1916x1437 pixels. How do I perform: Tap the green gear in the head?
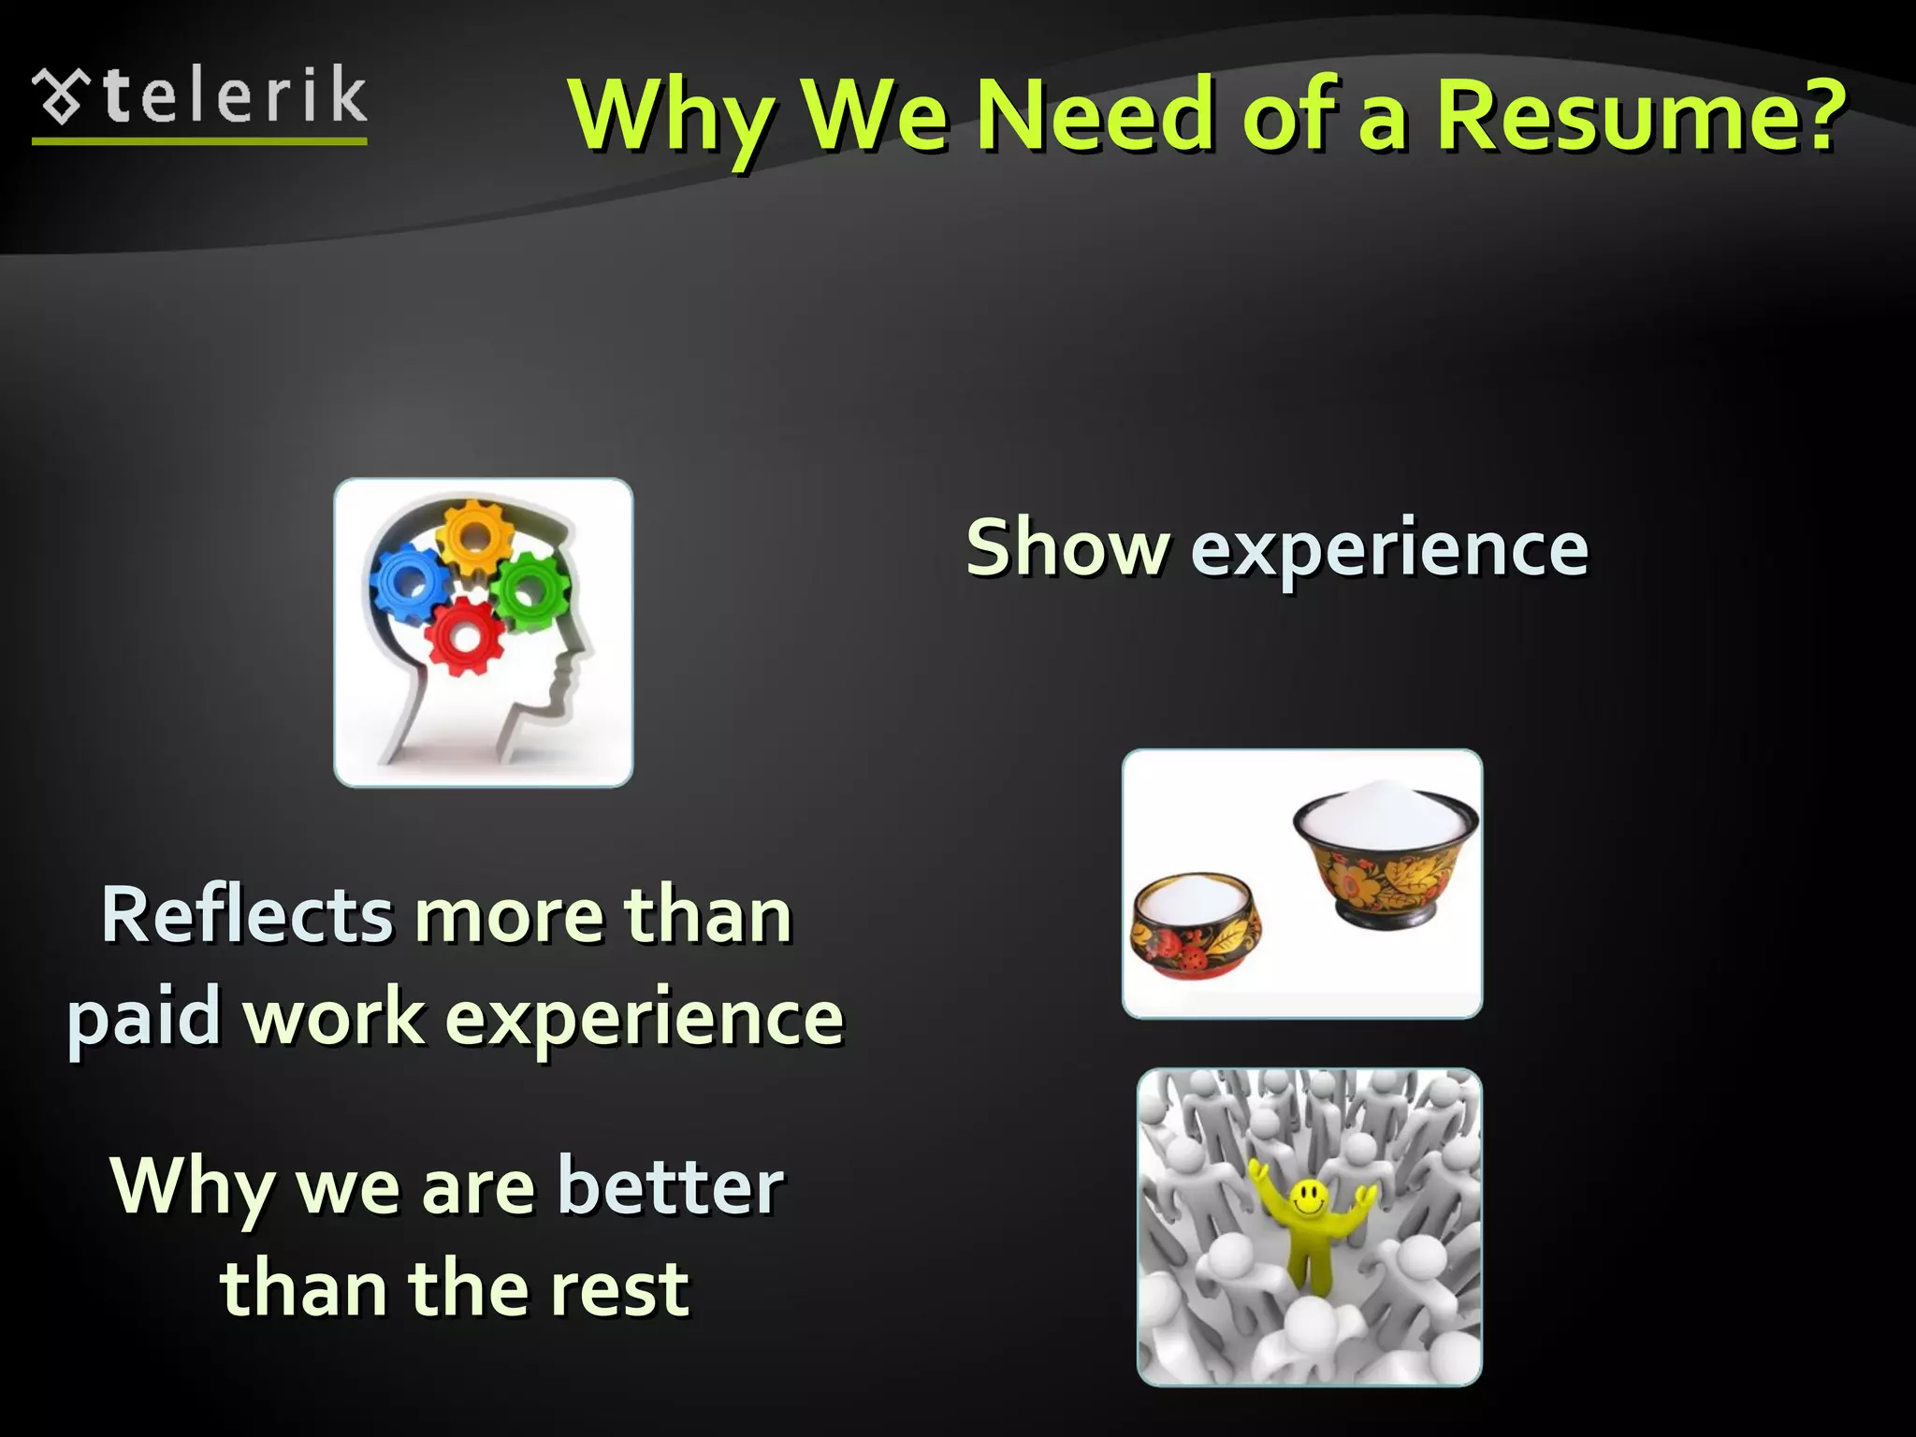pyautogui.click(x=528, y=589)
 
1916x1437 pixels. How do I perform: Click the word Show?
pyautogui.click(x=1067, y=547)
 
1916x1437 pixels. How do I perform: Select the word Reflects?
pyautogui.click(x=247, y=915)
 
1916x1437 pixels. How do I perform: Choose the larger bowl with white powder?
pyautogui.click(x=1385, y=856)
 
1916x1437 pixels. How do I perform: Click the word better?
pyautogui.click(x=670, y=1186)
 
